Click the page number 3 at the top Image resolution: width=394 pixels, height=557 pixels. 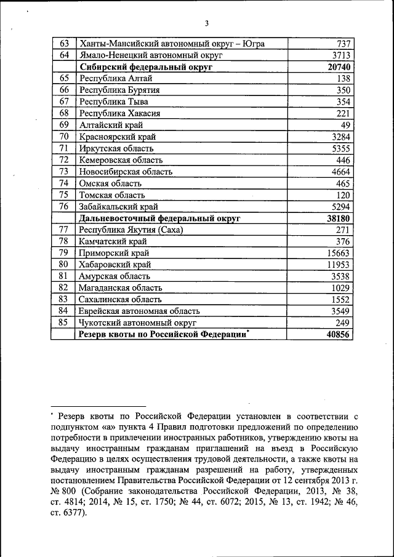pos(207,23)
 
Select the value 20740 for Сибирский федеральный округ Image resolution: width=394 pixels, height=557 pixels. pos(339,67)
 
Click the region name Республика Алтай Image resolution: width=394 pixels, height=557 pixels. pos(116,79)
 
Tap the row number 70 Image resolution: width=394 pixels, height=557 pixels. pos(63,137)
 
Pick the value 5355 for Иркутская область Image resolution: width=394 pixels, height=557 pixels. pos(340,148)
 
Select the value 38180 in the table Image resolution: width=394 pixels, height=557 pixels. pos(339,218)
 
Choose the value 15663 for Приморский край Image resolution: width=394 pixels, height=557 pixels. pos(339,253)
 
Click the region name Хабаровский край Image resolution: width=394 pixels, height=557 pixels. pos(115,265)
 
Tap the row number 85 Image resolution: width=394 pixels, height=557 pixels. pos(63,323)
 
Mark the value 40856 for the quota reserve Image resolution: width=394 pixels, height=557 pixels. pos(339,334)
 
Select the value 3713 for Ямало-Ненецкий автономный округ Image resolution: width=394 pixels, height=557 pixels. pos(340,55)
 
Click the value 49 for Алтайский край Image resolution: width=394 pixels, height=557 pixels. pos(345,125)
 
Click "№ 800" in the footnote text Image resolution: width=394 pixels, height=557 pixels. pos(63,492)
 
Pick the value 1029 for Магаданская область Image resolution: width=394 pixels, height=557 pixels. pos(340,288)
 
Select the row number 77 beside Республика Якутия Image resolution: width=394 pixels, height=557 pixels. pos(63,230)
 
